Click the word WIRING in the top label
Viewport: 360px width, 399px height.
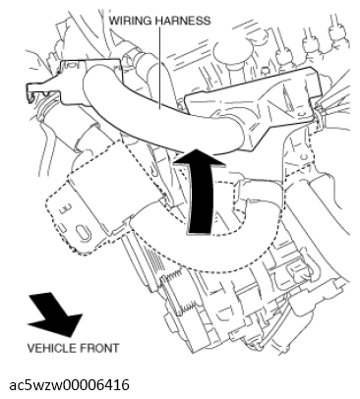(130, 21)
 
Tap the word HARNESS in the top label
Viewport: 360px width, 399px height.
(183, 21)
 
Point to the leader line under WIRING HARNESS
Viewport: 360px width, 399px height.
(159, 68)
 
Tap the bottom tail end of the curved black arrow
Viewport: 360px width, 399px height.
(199, 232)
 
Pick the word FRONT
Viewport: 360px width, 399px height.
(99, 348)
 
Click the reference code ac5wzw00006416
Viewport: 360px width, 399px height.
(69, 385)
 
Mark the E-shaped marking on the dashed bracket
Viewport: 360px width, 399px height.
(65, 208)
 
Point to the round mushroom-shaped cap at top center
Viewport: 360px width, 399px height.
(230, 53)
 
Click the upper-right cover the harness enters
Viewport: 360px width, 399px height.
(253, 106)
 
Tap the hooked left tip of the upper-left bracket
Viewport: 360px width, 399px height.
(31, 92)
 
